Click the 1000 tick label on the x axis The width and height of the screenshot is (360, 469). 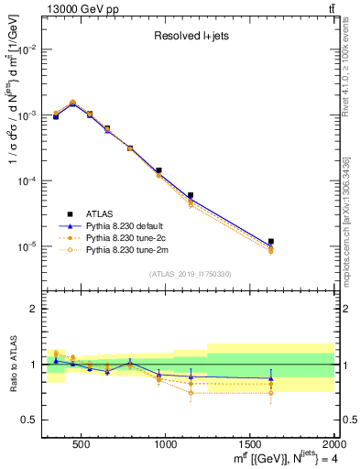tap(166, 445)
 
